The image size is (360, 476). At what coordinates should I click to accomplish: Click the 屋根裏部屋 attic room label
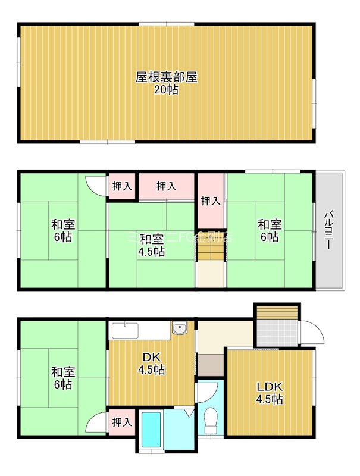166,77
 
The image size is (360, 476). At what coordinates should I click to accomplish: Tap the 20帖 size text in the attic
166,90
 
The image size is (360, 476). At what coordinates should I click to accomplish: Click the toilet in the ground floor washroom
211,422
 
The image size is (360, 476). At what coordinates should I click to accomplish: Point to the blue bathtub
152,430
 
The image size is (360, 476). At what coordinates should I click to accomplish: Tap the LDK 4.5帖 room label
270,392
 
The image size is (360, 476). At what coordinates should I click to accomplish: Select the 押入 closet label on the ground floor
122,422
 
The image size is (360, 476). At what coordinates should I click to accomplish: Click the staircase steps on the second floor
211,252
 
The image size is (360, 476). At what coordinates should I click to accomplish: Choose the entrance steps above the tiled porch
277,312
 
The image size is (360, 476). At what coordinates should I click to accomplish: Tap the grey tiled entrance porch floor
277,334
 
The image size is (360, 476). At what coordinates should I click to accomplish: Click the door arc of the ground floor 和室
95,423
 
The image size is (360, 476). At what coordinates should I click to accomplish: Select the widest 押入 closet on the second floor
167,186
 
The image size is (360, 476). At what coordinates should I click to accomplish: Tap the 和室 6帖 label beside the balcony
270,230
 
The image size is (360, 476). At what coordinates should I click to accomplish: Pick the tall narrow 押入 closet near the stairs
211,201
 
